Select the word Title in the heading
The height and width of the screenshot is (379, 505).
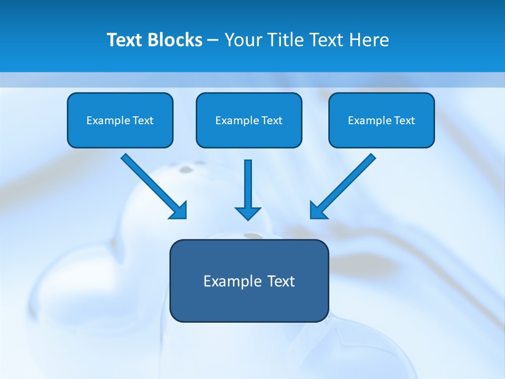pos(286,40)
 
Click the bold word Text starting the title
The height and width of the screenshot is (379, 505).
pos(127,40)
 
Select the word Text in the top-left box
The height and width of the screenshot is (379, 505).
pos(143,121)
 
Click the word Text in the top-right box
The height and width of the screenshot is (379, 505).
pos(404,121)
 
